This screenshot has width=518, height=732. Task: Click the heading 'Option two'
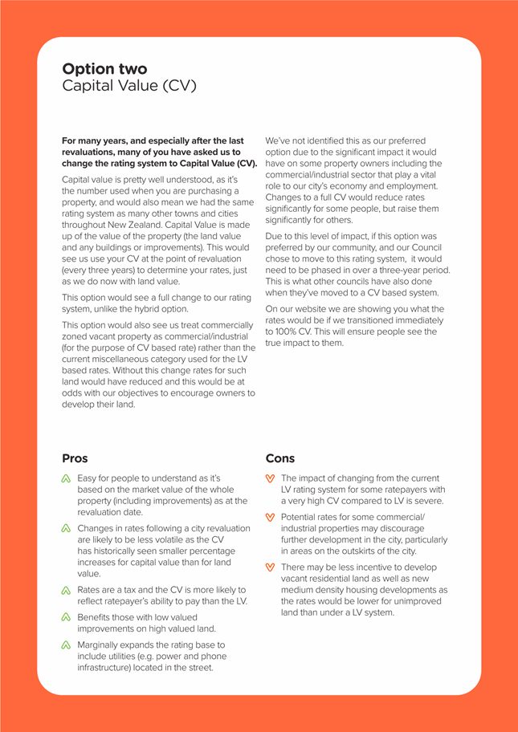(x=104, y=69)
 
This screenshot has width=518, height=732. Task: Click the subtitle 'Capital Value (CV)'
(x=128, y=86)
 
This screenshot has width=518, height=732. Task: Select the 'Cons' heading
(x=280, y=459)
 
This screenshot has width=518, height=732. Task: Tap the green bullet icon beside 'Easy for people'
(x=67, y=479)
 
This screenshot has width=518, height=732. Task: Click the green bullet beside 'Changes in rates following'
(x=67, y=530)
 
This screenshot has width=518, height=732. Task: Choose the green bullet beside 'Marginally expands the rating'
(x=67, y=645)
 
